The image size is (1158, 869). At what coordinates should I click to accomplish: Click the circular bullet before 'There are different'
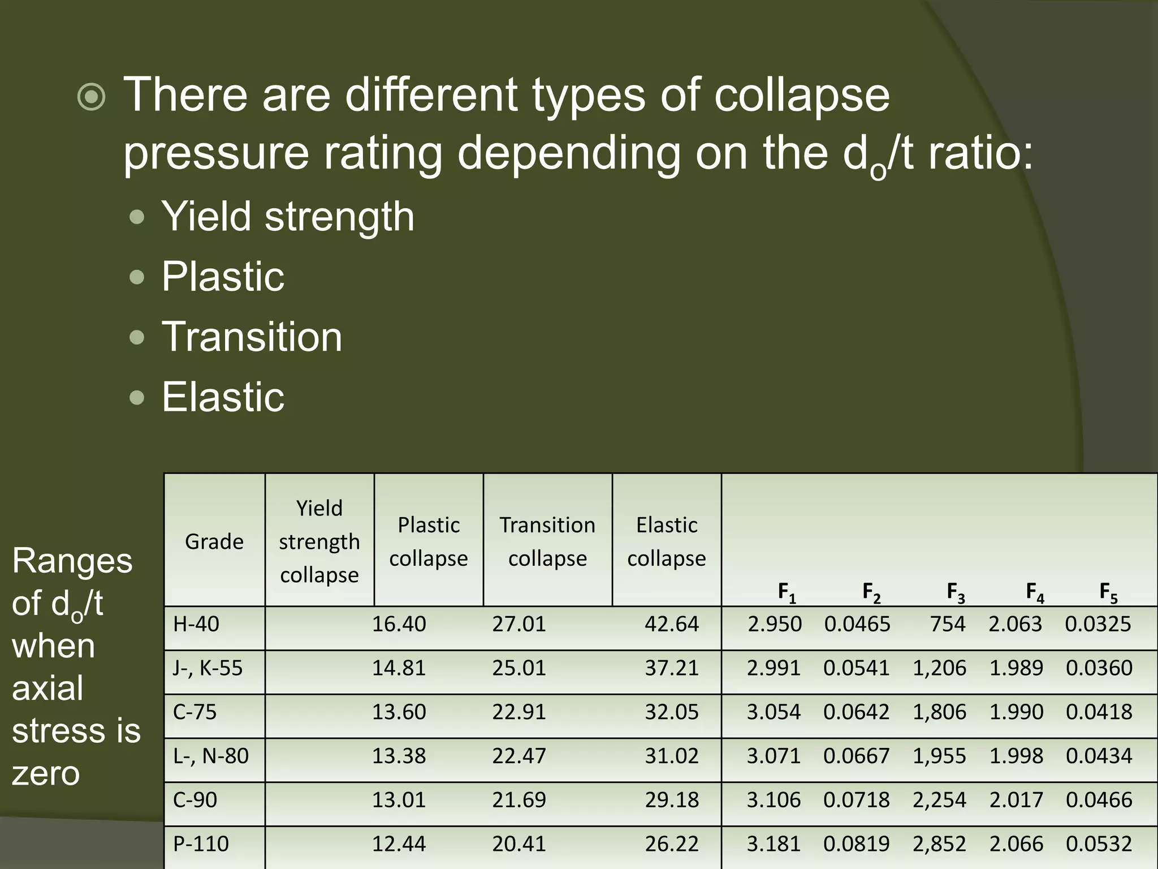click(91, 97)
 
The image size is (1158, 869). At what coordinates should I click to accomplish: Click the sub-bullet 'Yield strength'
click(288, 217)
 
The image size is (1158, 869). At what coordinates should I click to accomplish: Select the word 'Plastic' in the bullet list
click(223, 277)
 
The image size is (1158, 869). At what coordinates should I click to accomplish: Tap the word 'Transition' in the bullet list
click(252, 337)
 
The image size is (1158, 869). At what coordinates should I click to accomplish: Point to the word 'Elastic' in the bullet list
click(223, 397)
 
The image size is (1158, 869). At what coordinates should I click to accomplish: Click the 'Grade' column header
click(214, 541)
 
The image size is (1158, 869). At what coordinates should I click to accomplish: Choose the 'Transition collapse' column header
click(547, 541)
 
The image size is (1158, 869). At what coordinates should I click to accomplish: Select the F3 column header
click(956, 592)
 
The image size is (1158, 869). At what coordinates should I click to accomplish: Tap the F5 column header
click(1108, 592)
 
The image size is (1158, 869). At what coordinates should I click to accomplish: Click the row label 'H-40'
click(196, 624)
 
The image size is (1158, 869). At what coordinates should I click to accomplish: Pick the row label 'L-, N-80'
click(211, 756)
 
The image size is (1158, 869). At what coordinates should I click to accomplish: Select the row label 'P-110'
click(201, 844)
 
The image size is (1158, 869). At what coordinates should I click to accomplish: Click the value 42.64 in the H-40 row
click(672, 624)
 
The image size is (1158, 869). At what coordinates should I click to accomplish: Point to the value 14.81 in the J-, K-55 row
click(399, 668)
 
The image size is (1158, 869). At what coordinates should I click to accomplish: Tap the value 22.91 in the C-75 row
click(519, 712)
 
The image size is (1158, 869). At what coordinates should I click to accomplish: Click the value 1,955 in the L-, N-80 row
click(940, 756)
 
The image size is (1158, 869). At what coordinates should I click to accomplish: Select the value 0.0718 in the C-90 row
click(857, 800)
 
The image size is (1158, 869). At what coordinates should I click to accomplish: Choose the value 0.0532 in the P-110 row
click(1099, 844)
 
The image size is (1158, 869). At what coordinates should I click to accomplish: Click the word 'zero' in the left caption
click(46, 773)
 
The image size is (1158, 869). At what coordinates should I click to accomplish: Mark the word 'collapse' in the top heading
click(802, 95)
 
